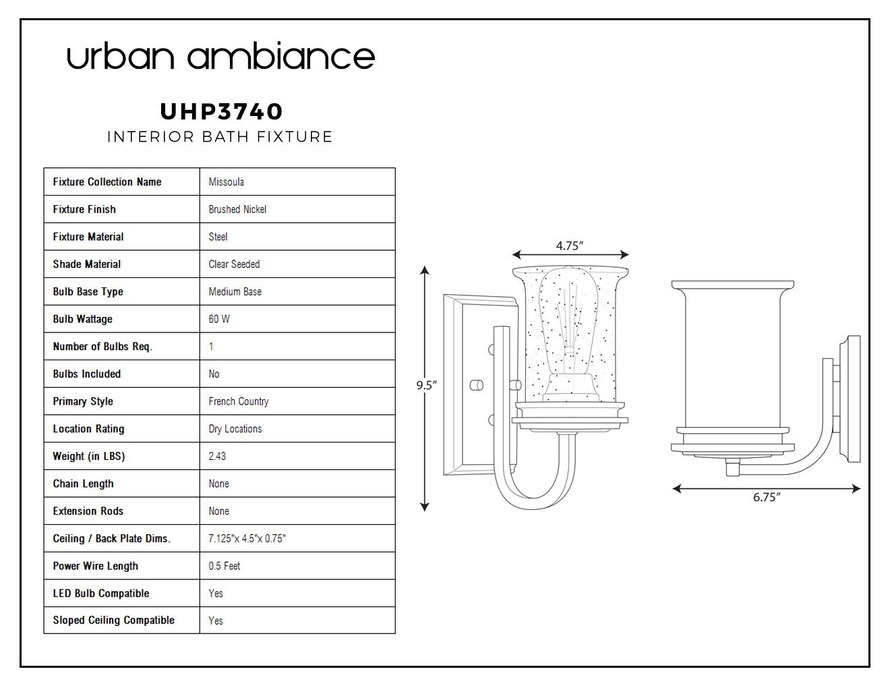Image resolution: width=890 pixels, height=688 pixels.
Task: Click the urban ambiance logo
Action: (220, 56)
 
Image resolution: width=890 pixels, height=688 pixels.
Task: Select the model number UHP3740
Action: (221, 111)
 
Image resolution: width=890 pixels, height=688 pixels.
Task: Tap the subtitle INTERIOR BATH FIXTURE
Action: (220, 136)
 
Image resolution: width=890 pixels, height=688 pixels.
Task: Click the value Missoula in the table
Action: (226, 182)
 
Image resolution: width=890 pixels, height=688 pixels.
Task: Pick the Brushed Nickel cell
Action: (237, 209)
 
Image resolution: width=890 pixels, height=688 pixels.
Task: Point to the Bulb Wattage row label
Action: (82, 319)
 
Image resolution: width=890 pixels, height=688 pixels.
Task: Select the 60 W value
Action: (219, 319)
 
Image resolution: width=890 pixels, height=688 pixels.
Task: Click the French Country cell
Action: (239, 401)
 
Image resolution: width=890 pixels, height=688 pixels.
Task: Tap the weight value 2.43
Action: (217, 456)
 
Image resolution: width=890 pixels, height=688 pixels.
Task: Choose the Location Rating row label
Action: (88, 429)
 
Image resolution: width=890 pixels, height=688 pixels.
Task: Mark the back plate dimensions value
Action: (247, 538)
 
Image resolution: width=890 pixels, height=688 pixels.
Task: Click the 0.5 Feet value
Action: (225, 566)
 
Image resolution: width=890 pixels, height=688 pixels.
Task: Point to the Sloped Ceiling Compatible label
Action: (113, 621)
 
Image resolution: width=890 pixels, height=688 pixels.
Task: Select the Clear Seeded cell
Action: (234, 264)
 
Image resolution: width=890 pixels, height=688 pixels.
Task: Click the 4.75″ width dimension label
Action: (569, 246)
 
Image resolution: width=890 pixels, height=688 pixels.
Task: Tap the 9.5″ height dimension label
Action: (426, 386)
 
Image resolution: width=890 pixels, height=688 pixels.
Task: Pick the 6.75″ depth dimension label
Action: (767, 497)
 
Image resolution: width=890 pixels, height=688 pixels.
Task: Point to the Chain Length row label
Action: (83, 484)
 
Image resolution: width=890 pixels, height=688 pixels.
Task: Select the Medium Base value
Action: (235, 292)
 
